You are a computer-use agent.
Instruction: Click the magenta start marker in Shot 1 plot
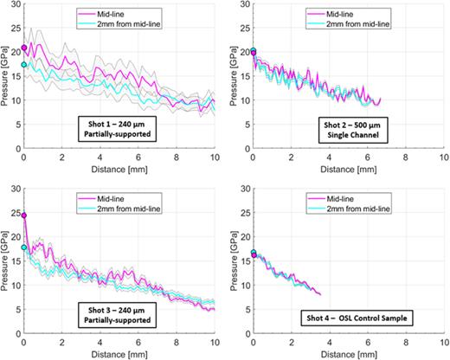pyautogui.click(x=23, y=48)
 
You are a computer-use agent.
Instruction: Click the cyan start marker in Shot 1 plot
pyautogui.click(x=23, y=64)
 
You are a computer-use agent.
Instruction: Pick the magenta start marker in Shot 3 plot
pyautogui.click(x=23, y=215)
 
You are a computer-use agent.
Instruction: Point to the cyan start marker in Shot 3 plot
pyautogui.click(x=23, y=247)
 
